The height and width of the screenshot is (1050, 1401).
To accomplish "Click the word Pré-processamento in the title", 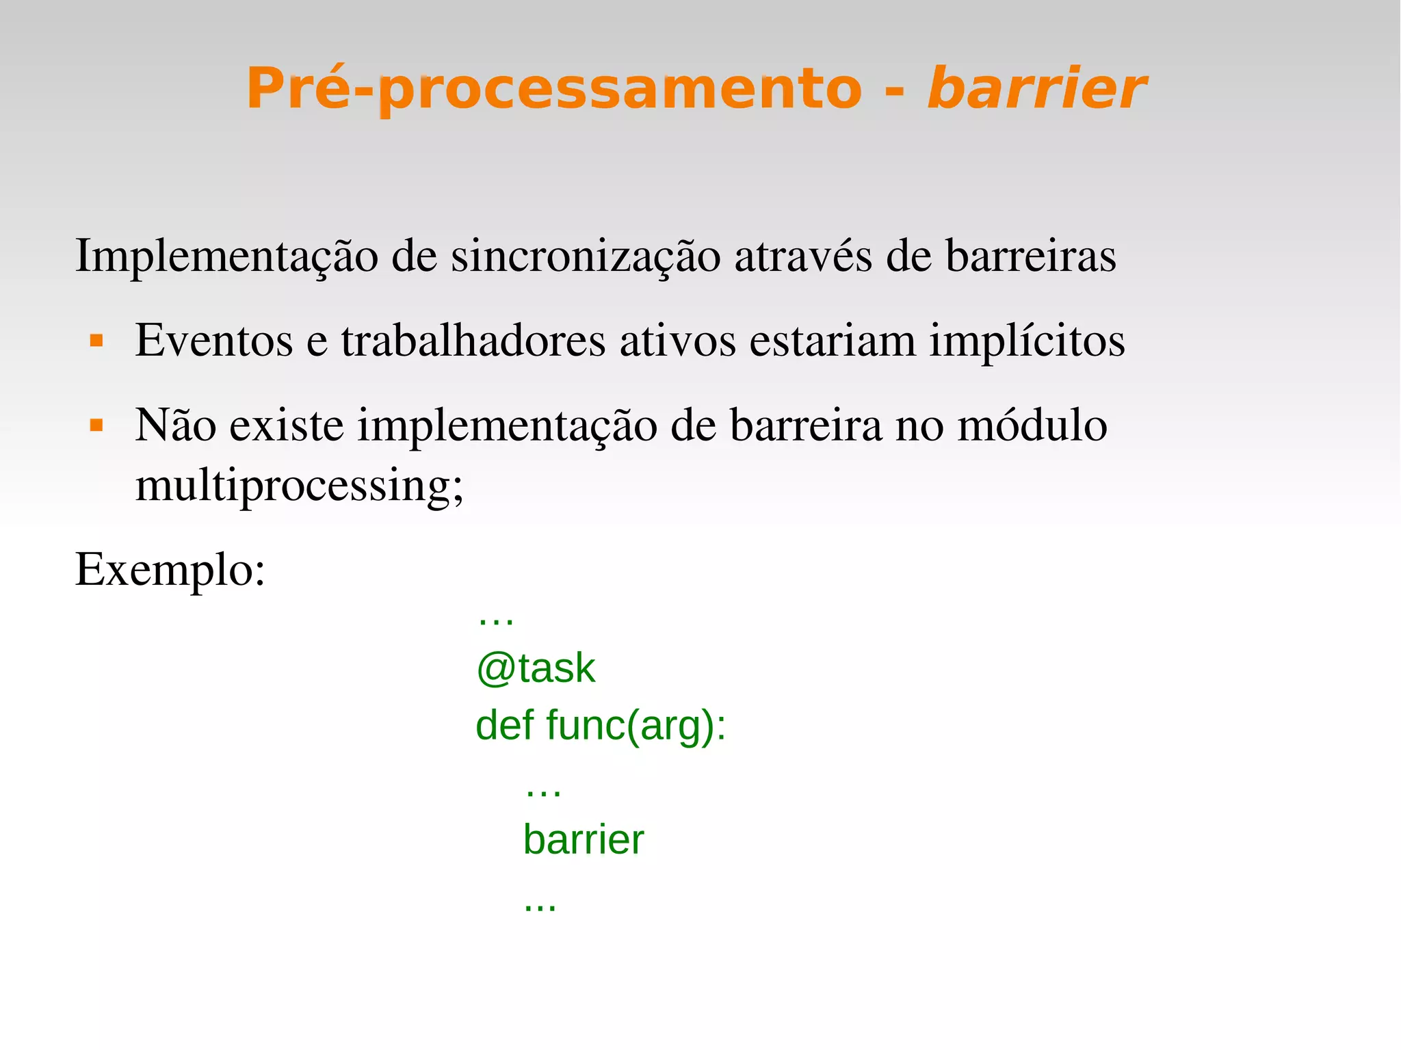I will pos(554,89).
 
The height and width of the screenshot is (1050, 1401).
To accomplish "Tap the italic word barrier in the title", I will pos(1036,89).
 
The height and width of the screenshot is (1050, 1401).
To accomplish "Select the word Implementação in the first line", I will pos(226,257).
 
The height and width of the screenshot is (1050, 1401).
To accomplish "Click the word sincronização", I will pos(586,256).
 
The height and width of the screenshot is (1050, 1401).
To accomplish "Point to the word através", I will pos(803,256).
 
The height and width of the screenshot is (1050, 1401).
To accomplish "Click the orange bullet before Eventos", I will pos(96,340).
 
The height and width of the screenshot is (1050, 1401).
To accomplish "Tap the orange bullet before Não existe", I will pos(96,425).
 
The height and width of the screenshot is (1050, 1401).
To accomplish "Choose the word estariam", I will pos(832,340).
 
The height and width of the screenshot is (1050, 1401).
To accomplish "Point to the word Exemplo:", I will pos(170,570).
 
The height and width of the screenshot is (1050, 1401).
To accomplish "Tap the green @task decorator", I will pos(536,668).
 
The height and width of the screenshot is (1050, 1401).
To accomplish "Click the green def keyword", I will pos(505,724).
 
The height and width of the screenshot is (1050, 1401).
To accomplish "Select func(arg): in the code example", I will pos(636,726).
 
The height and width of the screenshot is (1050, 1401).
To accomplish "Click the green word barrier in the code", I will pos(584,839).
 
